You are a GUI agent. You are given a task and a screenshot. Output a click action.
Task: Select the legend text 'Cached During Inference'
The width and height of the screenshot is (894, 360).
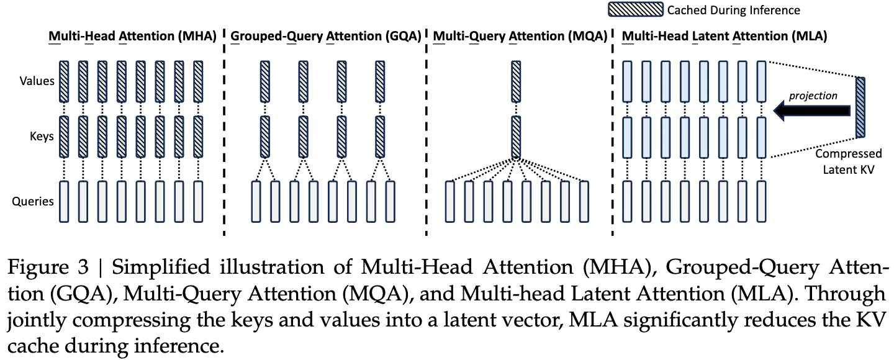[x=733, y=10]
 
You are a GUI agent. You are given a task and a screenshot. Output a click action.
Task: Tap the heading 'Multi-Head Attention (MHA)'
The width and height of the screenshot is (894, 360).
[x=132, y=36]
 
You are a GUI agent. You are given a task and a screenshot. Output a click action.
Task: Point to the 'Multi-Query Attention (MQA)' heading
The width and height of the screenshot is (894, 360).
[x=519, y=36]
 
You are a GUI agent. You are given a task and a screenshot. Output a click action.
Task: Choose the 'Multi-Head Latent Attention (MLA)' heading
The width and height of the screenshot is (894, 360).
[x=724, y=36]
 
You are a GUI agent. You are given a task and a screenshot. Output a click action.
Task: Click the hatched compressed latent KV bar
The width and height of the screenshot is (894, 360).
[x=860, y=106]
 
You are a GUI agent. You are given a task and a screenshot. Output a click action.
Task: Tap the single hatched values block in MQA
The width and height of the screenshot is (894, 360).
[x=515, y=81]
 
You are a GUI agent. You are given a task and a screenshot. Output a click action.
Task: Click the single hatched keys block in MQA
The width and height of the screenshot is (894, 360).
[x=515, y=137]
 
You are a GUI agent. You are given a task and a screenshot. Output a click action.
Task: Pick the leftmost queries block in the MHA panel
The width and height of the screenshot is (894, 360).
[x=64, y=201]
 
